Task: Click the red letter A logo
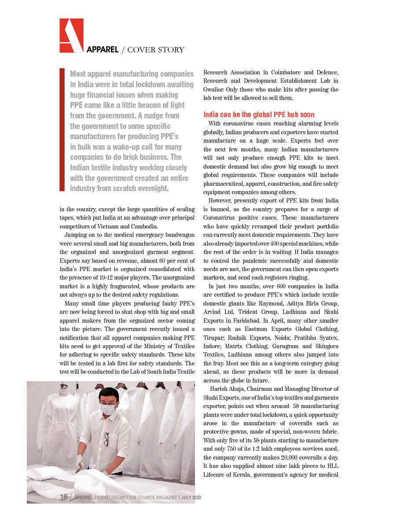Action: coord(71,36)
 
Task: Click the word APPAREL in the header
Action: coord(103,50)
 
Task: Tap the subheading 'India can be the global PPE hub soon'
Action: coord(259,115)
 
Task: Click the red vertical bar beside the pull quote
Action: coord(62,129)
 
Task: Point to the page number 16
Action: coord(64,497)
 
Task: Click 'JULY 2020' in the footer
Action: coord(191,497)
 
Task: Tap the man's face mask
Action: coord(107,409)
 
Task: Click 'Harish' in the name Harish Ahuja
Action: coord(218,389)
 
